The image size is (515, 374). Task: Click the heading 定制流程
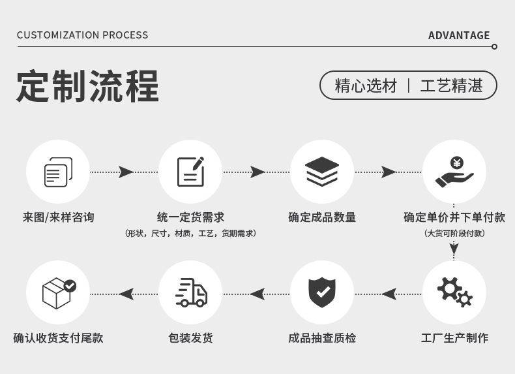tap(87, 86)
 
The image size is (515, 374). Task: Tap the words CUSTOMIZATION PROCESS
tap(82, 35)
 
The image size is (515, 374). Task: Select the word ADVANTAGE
tap(458, 35)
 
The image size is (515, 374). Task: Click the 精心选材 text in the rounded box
tap(366, 86)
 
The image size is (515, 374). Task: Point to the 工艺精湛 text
tap(451, 86)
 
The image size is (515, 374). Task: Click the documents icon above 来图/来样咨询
tap(57, 172)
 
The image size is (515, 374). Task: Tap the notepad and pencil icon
tap(190, 172)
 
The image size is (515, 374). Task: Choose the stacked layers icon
tap(322, 172)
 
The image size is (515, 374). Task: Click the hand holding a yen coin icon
tap(454, 172)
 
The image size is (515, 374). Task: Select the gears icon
tap(454, 292)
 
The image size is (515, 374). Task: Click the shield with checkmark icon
tap(322, 292)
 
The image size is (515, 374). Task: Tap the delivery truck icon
tap(190, 292)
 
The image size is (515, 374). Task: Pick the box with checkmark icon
tap(58, 292)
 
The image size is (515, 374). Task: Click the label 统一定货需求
tap(190, 217)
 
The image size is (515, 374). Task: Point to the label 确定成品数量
tap(322, 217)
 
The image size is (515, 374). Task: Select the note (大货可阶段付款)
tap(454, 233)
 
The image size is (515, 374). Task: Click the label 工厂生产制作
tap(454, 338)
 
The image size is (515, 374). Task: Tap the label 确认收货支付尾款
tap(58, 338)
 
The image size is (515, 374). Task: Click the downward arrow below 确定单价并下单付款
tap(454, 248)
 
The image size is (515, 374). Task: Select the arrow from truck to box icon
tap(126, 294)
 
